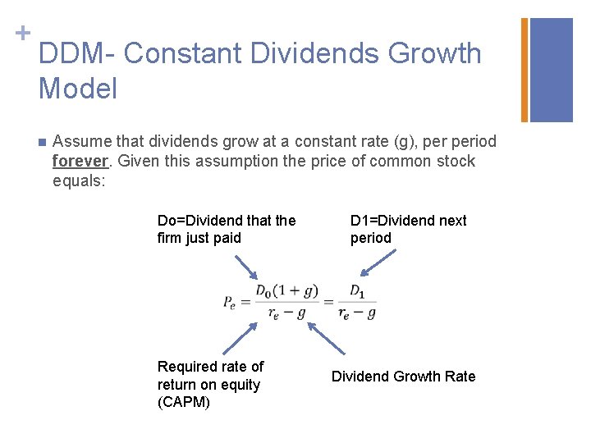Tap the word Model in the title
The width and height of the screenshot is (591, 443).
tap(78, 89)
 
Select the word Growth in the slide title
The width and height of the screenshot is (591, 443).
tap(434, 54)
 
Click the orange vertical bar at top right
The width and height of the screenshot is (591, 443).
tap(525, 70)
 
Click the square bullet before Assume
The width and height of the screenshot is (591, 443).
tap(42, 143)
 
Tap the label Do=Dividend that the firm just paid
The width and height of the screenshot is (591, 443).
tap(226, 229)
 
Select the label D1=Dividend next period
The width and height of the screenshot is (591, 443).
tap(408, 229)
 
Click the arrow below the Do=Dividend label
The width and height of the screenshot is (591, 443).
tap(246, 267)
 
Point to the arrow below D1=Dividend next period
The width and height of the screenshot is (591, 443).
tap(378, 263)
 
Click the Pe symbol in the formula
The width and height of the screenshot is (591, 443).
tap(230, 302)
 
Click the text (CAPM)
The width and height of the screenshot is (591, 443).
tap(184, 403)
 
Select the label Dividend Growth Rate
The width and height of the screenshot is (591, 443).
tap(403, 377)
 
